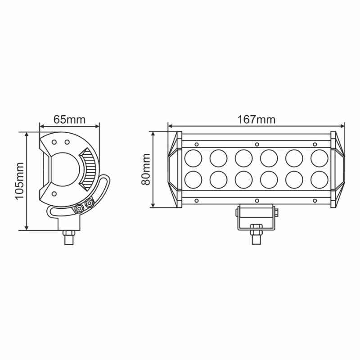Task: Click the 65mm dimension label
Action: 69,120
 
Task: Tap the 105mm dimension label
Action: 19,181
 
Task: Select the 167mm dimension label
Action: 256,120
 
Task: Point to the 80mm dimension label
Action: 146,170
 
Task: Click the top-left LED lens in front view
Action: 193,158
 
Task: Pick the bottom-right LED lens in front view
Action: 319,180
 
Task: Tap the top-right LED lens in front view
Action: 319,158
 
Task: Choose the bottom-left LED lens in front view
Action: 193,180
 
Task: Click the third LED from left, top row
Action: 243,158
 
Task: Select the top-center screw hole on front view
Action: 257,144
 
